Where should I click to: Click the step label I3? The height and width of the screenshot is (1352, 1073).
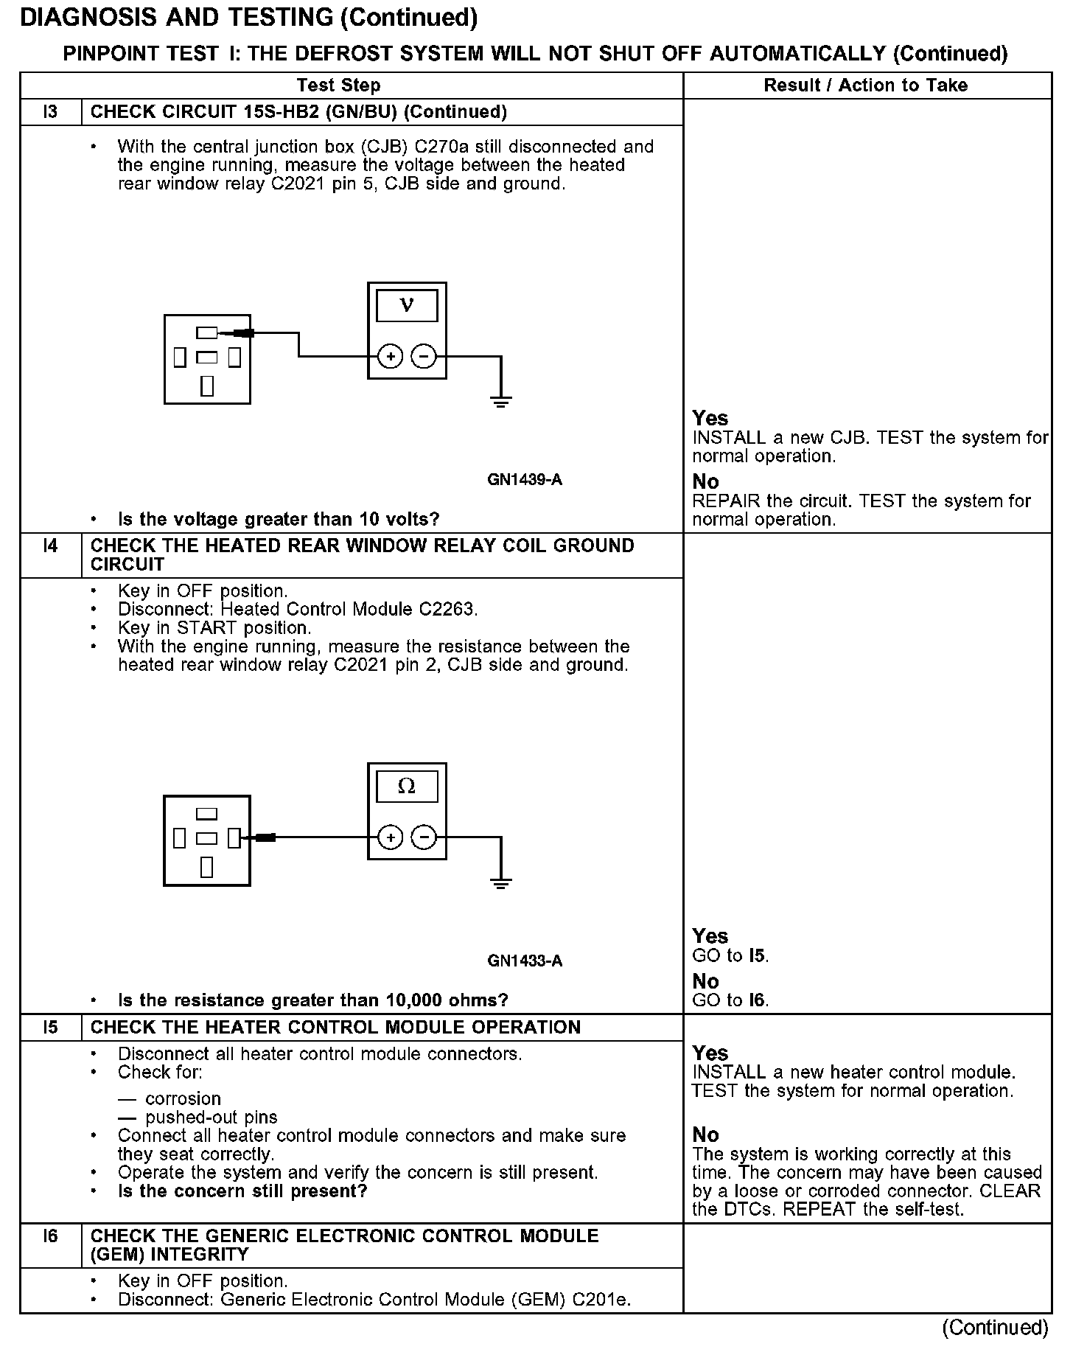pyautogui.click(x=50, y=112)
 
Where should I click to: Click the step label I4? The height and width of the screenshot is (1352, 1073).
pyautogui.click(x=50, y=546)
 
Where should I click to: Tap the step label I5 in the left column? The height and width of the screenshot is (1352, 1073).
pyautogui.click(x=50, y=1028)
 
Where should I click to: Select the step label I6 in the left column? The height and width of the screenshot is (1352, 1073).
pyautogui.click(x=50, y=1236)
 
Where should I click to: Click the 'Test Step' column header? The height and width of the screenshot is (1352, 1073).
pyautogui.click(x=339, y=86)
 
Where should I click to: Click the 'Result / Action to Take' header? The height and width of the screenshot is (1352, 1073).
pyautogui.click(x=865, y=86)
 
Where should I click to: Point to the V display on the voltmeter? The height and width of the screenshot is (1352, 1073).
pyautogui.click(x=407, y=305)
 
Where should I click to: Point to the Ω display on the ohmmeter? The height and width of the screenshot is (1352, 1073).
pyautogui.click(x=407, y=787)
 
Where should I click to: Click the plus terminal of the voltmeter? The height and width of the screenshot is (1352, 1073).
pyautogui.click(x=390, y=358)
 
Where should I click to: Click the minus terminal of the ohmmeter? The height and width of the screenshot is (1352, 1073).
pyautogui.click(x=423, y=838)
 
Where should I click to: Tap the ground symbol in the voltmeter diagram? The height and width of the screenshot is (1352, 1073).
pyautogui.click(x=501, y=402)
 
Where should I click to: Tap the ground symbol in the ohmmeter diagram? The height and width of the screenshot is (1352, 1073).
pyautogui.click(x=501, y=883)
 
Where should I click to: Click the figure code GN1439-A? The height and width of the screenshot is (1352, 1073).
pyautogui.click(x=525, y=480)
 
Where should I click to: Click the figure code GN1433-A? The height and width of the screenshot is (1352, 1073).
pyautogui.click(x=525, y=961)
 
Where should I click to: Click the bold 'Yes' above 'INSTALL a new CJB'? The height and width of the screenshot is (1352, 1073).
pyautogui.click(x=710, y=418)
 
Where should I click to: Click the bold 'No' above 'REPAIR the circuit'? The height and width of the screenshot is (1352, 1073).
pyautogui.click(x=705, y=481)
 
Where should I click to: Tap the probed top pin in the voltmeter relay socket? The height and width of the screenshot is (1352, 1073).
pyautogui.click(x=207, y=333)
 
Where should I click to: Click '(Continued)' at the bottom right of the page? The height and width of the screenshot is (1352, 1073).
pyautogui.click(x=995, y=1328)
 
